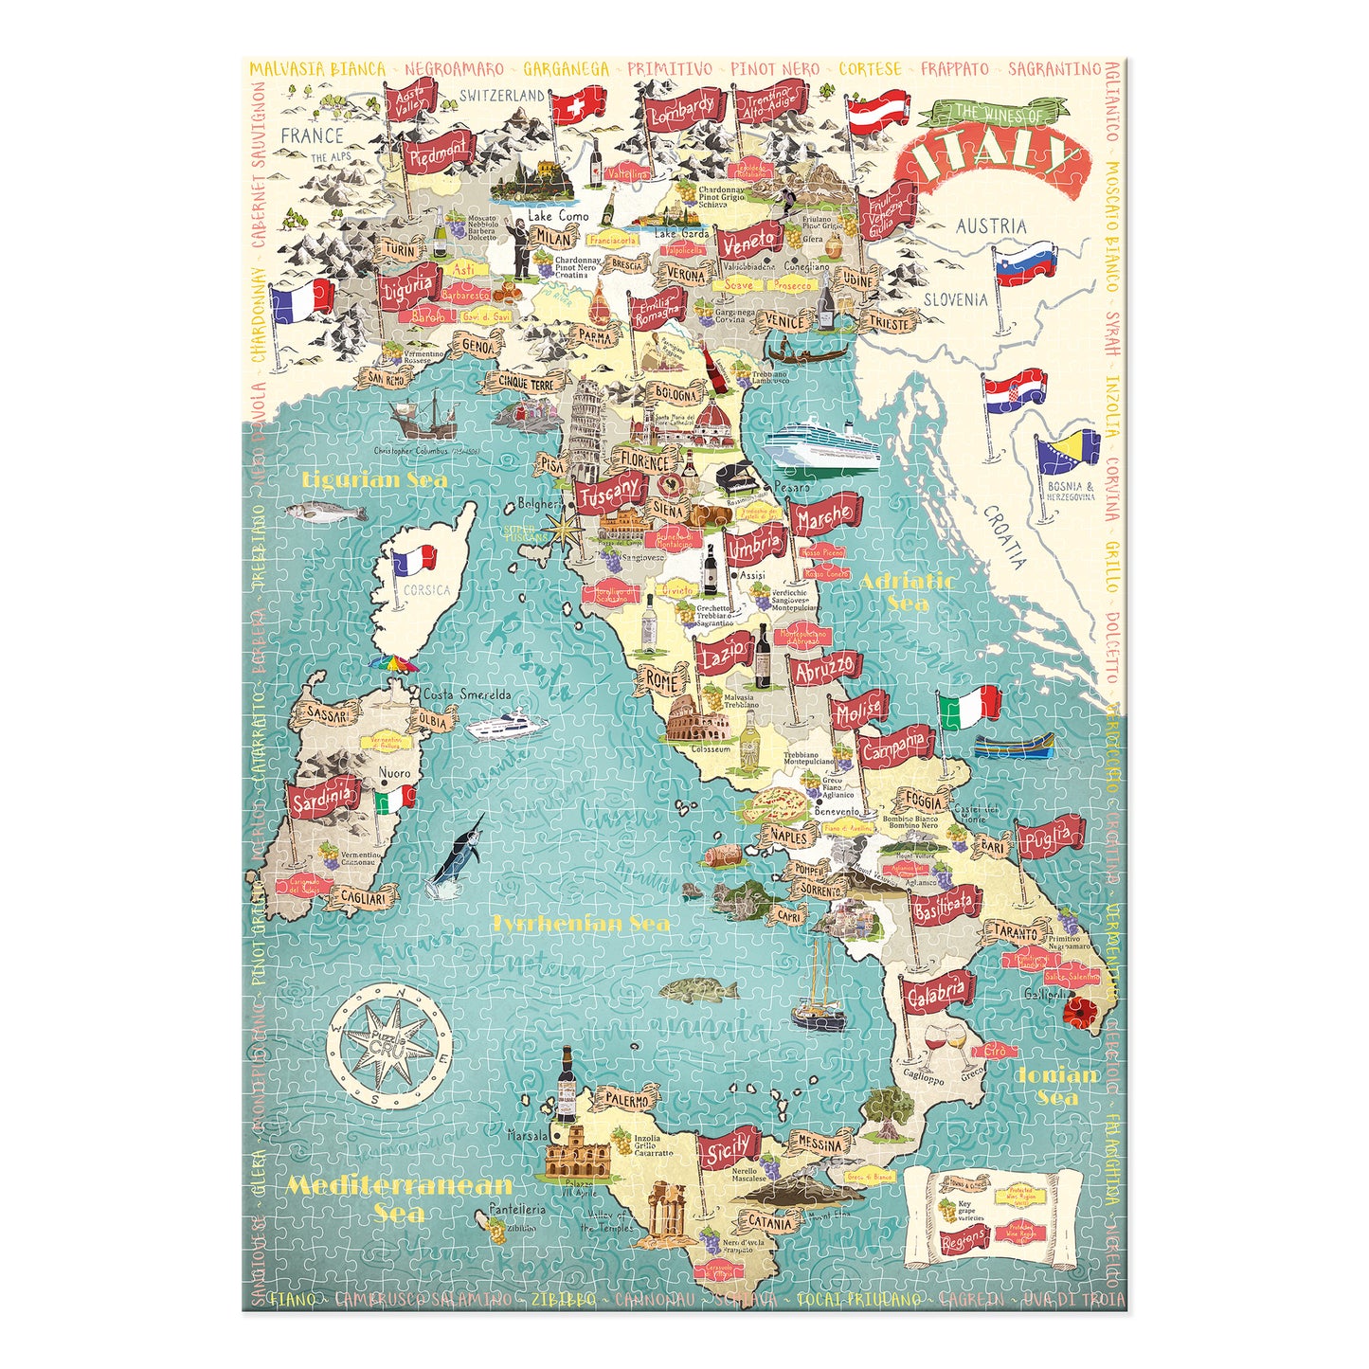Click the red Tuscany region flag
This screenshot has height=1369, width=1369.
tap(609, 493)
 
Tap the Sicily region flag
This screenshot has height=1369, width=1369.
tap(730, 1149)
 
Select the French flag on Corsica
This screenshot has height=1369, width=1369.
tap(414, 563)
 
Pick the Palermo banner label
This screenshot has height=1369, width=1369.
tap(627, 1101)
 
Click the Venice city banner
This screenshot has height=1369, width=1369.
tap(784, 320)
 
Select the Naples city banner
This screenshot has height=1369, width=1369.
tap(788, 836)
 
